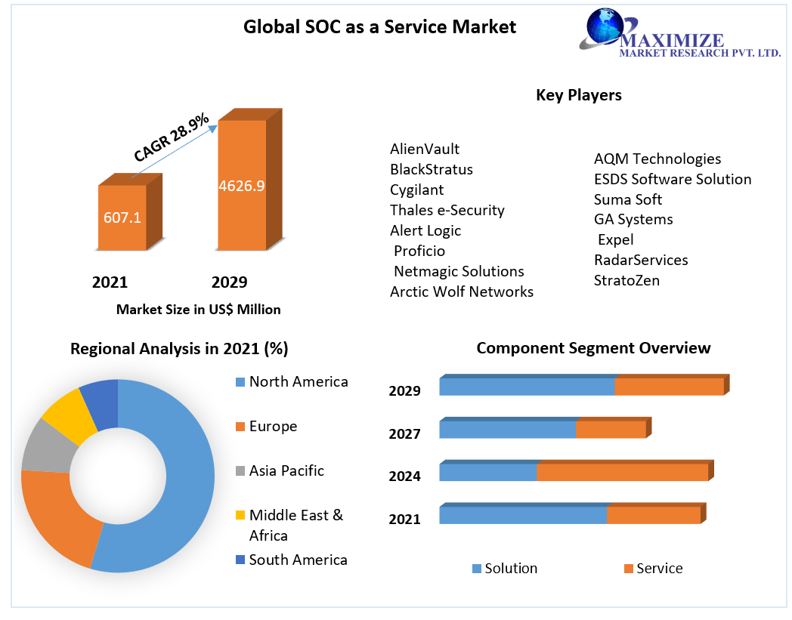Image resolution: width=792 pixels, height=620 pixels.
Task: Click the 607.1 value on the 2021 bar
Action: (x=122, y=218)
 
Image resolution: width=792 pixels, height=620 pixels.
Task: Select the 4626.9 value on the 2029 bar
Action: (x=241, y=185)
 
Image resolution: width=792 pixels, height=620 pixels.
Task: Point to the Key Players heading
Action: (x=578, y=95)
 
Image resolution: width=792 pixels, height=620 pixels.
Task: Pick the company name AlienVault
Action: (x=425, y=149)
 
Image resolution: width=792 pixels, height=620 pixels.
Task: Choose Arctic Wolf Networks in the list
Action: (x=462, y=291)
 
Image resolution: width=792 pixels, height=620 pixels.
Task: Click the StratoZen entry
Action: (x=626, y=280)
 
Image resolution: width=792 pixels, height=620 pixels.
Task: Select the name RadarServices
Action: (x=641, y=260)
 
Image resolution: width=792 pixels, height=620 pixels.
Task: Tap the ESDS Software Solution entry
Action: (x=673, y=179)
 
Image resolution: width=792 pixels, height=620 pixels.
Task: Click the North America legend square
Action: (x=240, y=382)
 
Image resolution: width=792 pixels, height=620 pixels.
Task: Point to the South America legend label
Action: (x=298, y=560)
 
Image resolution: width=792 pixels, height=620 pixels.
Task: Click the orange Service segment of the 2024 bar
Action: (x=622, y=473)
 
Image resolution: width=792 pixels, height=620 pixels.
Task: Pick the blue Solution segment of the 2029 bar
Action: (x=527, y=387)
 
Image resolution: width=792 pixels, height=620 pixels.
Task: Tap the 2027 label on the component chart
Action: (x=404, y=433)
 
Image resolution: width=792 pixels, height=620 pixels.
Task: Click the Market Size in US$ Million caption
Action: (x=198, y=310)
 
